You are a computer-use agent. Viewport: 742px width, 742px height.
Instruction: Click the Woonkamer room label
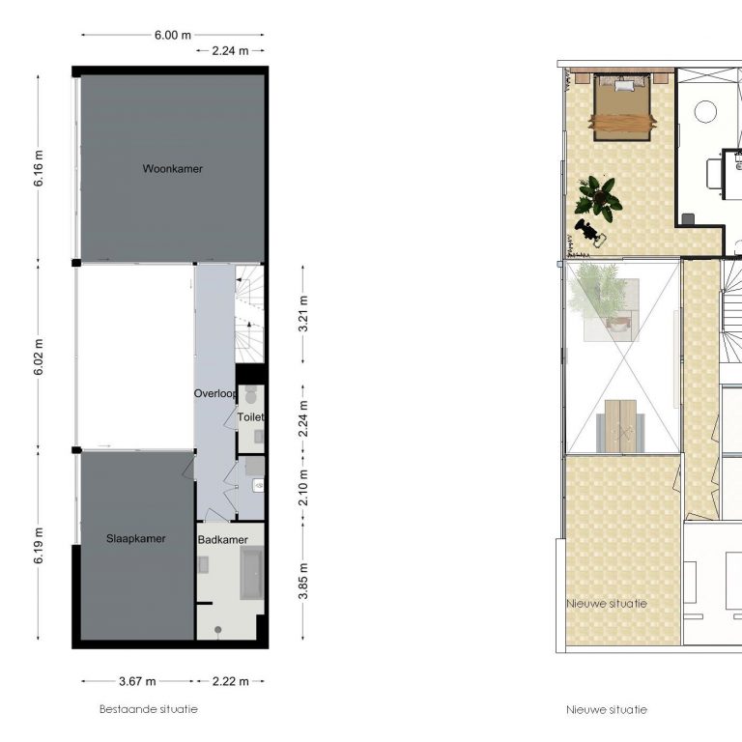tap(172, 169)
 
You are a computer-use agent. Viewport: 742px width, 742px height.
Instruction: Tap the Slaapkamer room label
tap(136, 538)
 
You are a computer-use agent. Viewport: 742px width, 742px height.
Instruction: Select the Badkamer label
tap(222, 539)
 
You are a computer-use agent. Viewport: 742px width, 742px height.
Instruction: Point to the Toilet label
tap(250, 417)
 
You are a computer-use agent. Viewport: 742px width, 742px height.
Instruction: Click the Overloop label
tap(214, 394)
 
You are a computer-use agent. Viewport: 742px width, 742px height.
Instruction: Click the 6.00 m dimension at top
tap(173, 35)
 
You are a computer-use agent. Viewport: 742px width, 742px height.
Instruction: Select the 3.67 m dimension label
tap(137, 681)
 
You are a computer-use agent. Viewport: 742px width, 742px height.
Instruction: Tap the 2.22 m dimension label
tap(231, 681)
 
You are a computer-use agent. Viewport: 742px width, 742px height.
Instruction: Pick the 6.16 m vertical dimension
tap(39, 168)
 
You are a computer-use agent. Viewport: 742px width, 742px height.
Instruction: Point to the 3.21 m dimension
tap(303, 314)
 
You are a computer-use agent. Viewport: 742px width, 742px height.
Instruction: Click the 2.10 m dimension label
tap(303, 487)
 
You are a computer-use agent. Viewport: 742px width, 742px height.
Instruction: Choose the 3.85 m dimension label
tap(303, 581)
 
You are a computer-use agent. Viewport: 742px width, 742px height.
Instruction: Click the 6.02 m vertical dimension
tap(39, 357)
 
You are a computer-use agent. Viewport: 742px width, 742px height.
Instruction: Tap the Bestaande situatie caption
tap(149, 709)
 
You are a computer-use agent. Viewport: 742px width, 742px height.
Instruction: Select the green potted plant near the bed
tap(598, 198)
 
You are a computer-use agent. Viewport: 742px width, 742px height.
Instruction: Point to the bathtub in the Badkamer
tap(252, 573)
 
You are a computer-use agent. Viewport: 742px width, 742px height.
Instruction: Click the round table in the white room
tap(705, 112)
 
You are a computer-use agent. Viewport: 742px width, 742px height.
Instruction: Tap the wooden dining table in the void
tap(620, 426)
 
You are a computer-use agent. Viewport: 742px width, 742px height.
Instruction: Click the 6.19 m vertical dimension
tap(39, 546)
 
